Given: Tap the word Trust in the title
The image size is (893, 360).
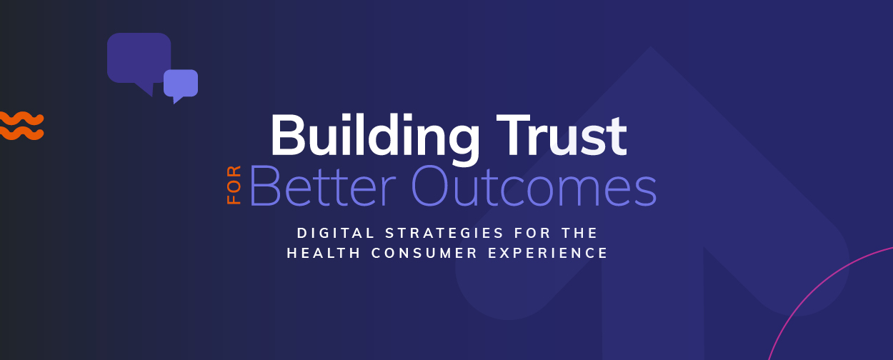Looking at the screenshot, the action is tap(562, 135).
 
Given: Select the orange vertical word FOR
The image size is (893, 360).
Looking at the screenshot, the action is tap(234, 185).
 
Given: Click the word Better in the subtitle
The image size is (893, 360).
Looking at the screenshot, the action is tap(322, 186).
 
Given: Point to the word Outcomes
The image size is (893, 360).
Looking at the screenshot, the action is tap(534, 186).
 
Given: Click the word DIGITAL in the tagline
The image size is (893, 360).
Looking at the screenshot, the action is tap(336, 234).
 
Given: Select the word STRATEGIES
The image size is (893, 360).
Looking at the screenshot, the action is tap(444, 234).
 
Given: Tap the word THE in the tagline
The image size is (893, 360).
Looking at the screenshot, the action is tap(579, 234).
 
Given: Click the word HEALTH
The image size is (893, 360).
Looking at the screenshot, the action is tap(324, 253).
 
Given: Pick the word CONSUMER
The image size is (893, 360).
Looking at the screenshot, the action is tap(424, 253).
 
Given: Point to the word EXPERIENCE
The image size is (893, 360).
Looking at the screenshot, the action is tap(548, 253).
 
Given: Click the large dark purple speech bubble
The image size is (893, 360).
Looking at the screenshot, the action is tap(139, 59).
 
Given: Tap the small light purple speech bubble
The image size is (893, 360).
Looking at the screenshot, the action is tap(181, 84).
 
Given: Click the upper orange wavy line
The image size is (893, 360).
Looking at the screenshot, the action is tap(21, 119).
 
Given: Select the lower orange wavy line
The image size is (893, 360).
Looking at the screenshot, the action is tap(21, 133).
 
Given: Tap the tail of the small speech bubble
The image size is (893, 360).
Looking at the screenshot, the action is tap(177, 100).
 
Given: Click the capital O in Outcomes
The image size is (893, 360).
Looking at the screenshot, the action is tap(431, 186).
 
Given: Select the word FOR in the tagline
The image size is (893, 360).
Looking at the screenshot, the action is tap(533, 234).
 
